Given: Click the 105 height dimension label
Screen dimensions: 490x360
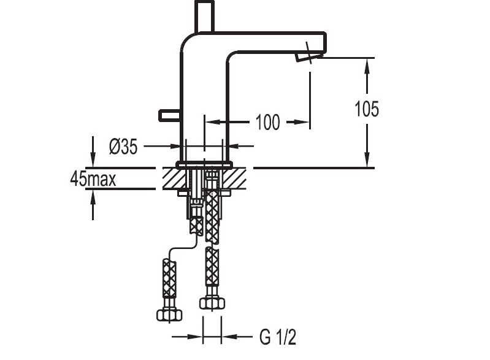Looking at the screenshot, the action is pos(367,109).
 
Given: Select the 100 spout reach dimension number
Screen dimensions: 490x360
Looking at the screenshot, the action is pos(267,122).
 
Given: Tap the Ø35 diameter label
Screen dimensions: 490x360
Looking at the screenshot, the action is pos(123,146).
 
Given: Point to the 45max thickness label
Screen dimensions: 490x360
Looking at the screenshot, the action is pos(93,179).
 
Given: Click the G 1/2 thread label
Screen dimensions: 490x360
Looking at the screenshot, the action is pos(277,337).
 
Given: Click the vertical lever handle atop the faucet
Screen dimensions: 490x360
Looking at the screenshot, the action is pos(204,16).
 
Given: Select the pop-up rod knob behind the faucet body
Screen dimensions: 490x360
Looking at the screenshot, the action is pos(169,115).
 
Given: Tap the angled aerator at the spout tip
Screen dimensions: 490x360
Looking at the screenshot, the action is pos(308,57).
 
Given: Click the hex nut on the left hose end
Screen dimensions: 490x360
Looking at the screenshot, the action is pos(169,315).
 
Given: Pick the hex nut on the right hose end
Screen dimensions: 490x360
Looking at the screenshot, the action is pos(212,303).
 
